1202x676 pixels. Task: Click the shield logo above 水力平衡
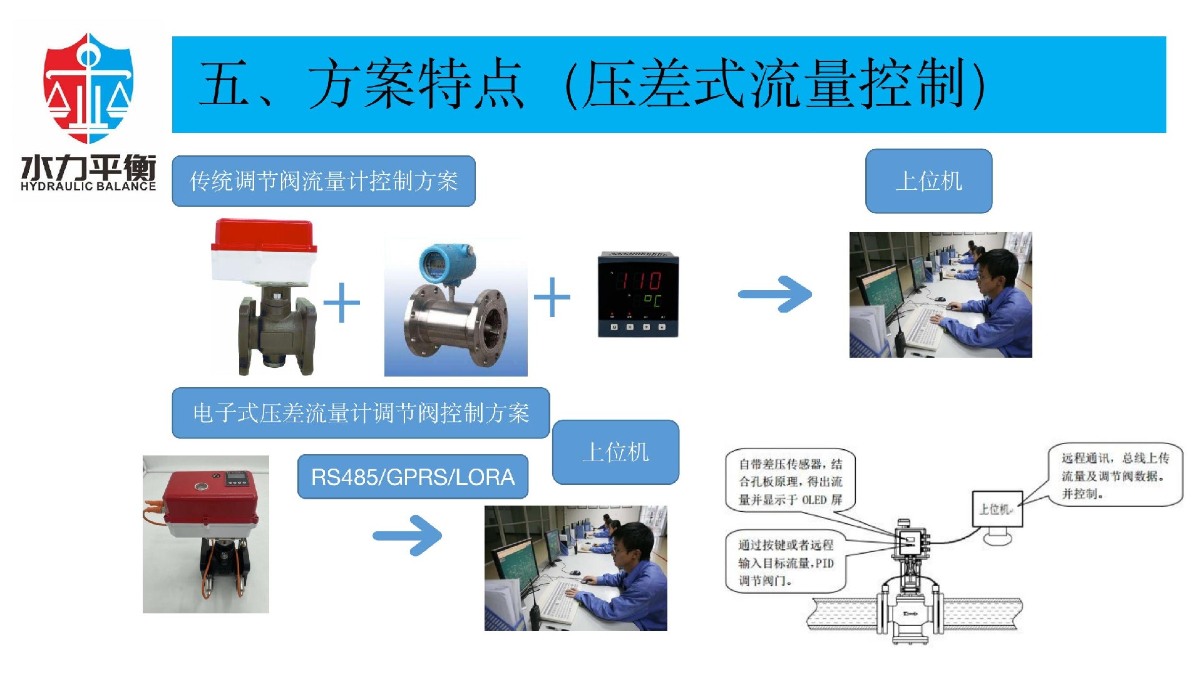(88, 88)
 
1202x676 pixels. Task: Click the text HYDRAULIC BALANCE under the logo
(88, 186)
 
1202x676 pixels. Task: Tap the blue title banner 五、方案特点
(669, 85)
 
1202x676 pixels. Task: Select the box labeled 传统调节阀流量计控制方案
(324, 181)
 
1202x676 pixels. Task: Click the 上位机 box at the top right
(928, 181)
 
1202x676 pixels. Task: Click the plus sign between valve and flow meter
(342, 303)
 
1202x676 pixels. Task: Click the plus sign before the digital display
(552, 297)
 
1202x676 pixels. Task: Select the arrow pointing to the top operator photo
(776, 294)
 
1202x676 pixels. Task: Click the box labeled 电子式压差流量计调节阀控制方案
(361, 413)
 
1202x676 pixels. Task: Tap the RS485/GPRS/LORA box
(413, 477)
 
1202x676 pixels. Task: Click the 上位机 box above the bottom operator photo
(615, 452)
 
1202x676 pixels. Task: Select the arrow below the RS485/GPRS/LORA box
(408, 535)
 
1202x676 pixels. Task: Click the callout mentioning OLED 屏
(790, 481)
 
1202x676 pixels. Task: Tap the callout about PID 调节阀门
(786, 562)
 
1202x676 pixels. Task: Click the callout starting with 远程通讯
(1114, 476)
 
